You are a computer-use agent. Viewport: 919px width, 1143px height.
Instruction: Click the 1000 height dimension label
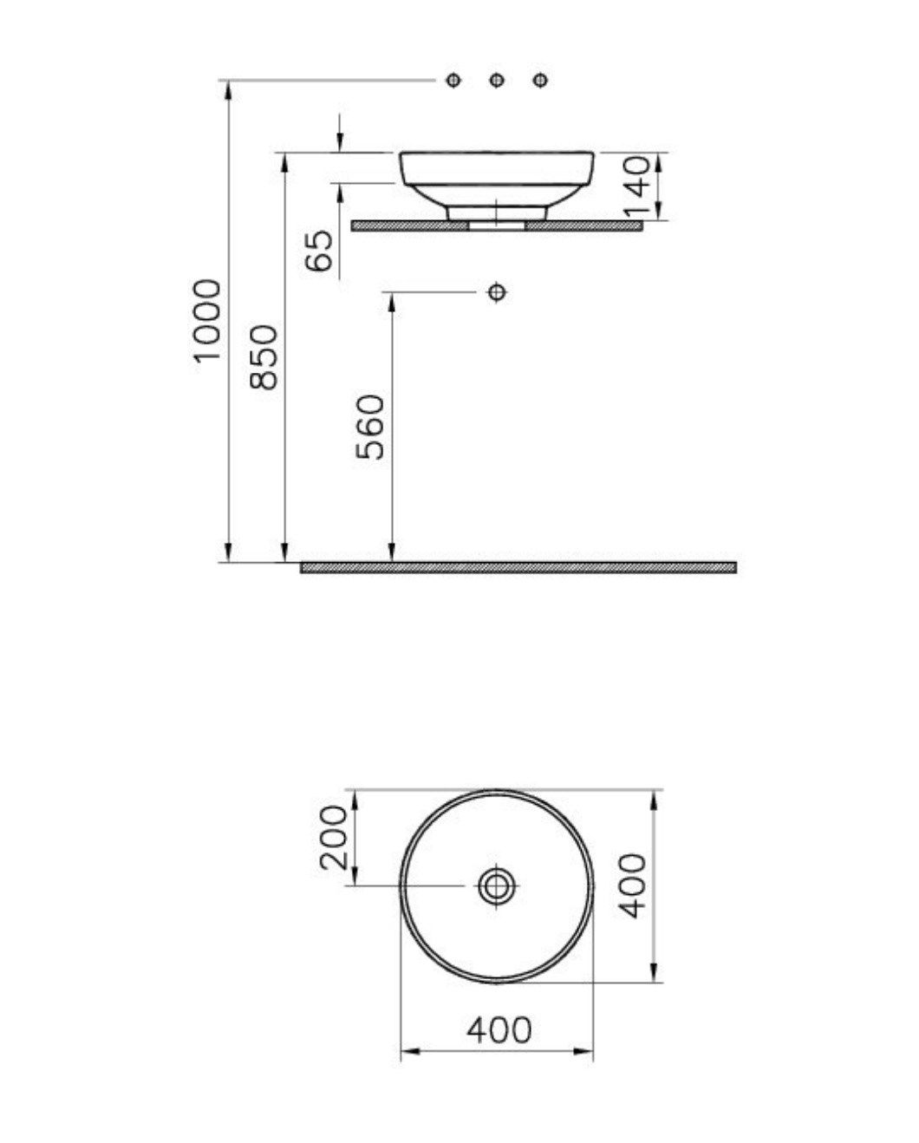208,322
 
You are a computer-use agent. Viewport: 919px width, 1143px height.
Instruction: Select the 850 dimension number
264,356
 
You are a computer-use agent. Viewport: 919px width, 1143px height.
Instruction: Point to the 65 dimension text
320,251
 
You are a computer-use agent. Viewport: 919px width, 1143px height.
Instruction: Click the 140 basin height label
638,186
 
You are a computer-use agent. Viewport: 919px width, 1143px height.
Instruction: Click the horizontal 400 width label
499,1030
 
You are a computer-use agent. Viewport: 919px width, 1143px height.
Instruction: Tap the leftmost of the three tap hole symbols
453,81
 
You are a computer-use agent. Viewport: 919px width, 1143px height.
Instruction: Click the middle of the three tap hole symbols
497,81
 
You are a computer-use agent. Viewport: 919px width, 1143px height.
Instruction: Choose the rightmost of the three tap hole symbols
540,81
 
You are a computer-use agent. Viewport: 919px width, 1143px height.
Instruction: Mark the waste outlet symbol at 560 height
497,291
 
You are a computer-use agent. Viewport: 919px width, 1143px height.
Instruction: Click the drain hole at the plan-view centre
497,885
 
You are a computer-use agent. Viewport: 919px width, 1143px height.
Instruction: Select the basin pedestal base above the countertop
497,212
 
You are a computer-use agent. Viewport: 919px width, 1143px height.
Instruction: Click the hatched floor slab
518,567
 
